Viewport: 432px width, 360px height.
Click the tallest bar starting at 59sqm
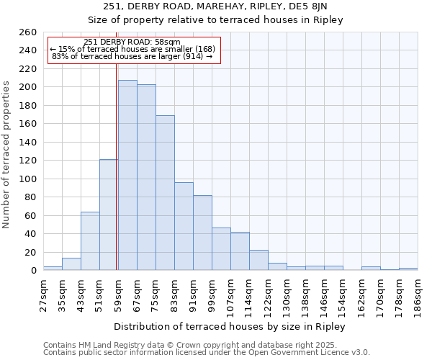pos(127,175)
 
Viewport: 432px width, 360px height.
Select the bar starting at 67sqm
pos(146,177)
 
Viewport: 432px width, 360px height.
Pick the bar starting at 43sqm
pos(90,240)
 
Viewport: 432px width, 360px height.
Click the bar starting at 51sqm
pos(109,215)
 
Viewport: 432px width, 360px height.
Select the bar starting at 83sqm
pos(184,226)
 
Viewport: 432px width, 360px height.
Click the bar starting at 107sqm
pos(240,251)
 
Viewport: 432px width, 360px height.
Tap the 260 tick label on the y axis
pos(27,32)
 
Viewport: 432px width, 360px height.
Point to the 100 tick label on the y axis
pos(27,179)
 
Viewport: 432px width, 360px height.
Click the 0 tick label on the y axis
pos(33,271)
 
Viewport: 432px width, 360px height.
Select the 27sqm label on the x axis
pos(43,294)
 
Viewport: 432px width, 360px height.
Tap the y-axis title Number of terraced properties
pos(6,154)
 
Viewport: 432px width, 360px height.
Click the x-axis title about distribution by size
pos(230,327)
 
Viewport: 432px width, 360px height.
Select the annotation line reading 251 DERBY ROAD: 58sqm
pos(132,42)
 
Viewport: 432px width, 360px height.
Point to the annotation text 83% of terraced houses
pos(132,56)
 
